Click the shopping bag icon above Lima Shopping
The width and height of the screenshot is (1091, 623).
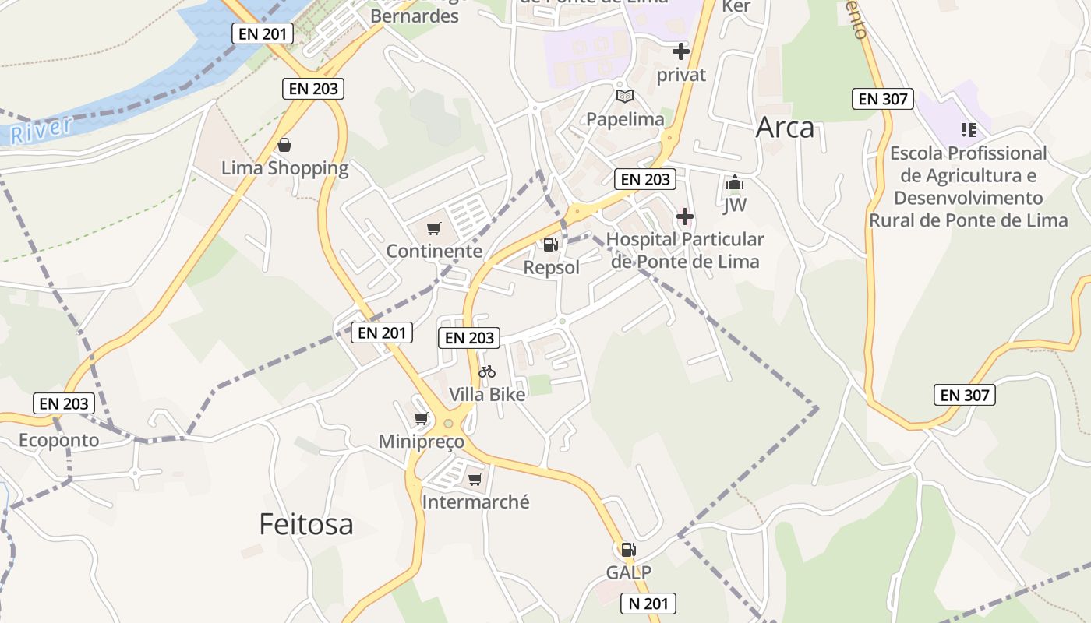click(284, 145)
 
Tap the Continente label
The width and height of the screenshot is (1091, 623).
click(434, 252)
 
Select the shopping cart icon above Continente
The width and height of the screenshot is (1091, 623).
click(434, 228)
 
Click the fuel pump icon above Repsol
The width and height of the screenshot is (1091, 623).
click(550, 245)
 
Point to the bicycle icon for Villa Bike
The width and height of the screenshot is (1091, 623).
click(487, 371)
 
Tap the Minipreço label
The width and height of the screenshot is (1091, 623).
click(421, 442)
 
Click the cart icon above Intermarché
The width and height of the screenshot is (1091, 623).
click(475, 479)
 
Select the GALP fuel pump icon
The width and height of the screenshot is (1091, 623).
click(628, 549)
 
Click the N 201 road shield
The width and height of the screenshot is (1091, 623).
click(648, 604)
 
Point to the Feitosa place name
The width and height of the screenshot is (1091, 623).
click(306, 524)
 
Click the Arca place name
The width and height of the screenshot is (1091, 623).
click(785, 128)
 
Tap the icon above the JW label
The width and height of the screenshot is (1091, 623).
click(734, 184)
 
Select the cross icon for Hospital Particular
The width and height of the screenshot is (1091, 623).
click(685, 216)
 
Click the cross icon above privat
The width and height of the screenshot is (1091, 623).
click(680, 51)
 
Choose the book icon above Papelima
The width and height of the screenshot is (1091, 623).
click(624, 96)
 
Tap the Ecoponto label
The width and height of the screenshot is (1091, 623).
click(59, 440)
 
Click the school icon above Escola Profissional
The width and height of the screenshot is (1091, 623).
click(968, 129)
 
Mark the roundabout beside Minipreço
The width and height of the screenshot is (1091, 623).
click(448, 424)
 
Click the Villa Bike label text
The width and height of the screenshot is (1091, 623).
click(487, 394)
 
